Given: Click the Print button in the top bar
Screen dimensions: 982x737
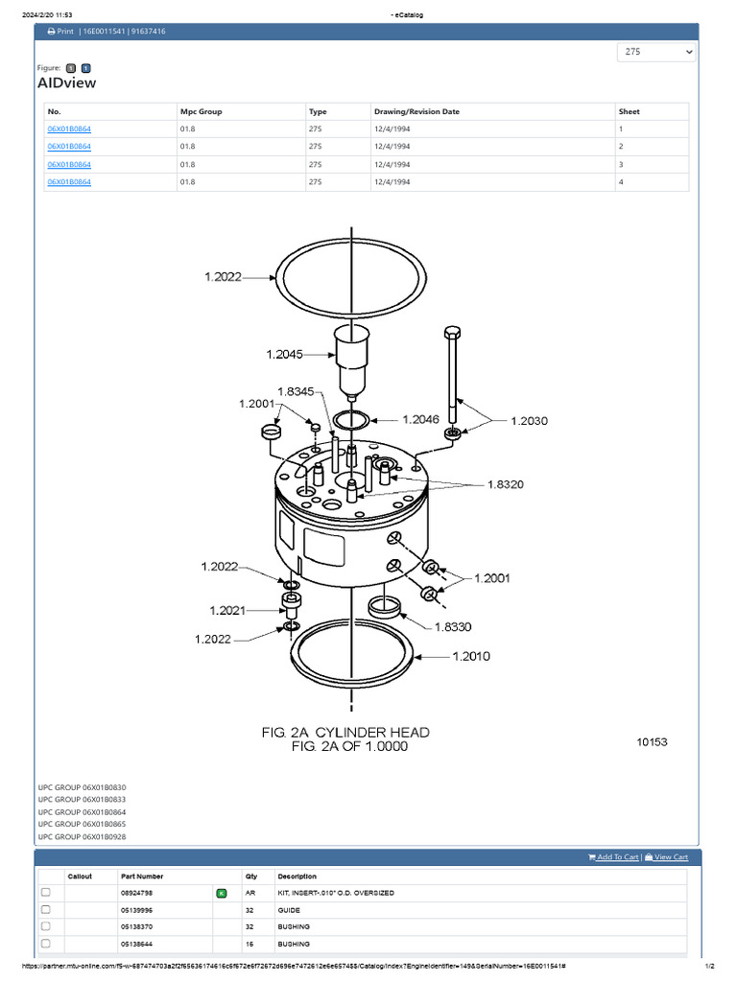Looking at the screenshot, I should (60, 32).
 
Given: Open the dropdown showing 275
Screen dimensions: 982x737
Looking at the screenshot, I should (656, 52).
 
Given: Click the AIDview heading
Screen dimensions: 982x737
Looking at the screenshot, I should (66, 83).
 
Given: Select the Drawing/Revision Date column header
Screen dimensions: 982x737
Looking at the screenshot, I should (416, 111).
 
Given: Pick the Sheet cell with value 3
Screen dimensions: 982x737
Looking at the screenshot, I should (622, 164).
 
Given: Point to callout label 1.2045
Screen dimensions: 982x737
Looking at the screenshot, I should (284, 354).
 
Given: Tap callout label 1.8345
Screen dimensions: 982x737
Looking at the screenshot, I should (296, 391).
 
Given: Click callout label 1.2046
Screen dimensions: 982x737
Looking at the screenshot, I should (420, 419).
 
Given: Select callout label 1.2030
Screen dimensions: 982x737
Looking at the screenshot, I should (529, 421).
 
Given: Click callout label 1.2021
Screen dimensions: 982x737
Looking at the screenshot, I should (227, 610).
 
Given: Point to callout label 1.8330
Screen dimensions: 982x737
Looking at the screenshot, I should (454, 626).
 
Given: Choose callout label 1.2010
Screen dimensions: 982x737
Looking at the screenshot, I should (471, 657).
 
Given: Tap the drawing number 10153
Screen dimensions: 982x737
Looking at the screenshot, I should (652, 741).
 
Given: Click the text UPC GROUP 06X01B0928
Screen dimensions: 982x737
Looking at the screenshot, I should (82, 836).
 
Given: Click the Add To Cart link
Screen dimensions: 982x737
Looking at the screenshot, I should (613, 856).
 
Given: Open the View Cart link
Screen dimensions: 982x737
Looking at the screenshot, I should (666, 856).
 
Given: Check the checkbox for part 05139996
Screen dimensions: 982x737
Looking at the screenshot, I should (45, 909).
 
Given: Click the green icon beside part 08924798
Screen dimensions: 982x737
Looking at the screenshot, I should (222, 893).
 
